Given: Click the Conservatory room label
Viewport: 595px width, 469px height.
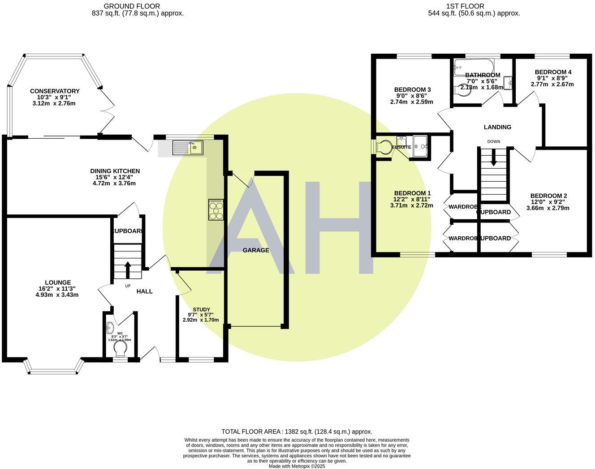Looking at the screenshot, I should (x=55, y=91).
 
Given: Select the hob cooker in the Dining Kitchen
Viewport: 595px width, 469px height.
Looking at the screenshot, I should (x=216, y=209).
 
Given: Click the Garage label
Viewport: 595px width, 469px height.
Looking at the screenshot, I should (x=256, y=250).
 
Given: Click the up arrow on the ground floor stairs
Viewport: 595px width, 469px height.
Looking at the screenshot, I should (x=128, y=269).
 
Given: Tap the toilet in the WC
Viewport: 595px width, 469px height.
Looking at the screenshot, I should (x=120, y=348).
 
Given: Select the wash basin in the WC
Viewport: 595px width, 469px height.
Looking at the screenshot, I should (x=110, y=329).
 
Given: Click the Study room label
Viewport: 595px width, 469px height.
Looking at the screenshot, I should (x=201, y=309).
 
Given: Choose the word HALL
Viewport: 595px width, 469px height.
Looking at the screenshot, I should (x=144, y=291).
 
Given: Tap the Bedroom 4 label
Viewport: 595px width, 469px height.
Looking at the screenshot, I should (x=553, y=72).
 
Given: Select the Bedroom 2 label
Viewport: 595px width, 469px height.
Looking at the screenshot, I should (x=548, y=196).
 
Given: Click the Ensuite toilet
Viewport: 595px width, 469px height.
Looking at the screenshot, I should (x=383, y=147).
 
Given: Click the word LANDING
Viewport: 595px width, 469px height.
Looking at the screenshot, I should (x=497, y=127).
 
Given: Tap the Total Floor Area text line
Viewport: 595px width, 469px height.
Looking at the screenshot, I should (x=297, y=432).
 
